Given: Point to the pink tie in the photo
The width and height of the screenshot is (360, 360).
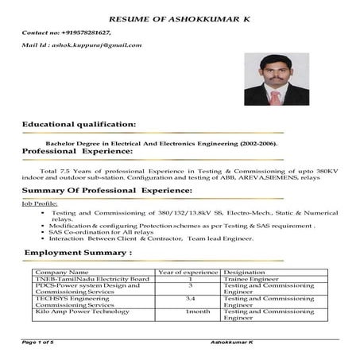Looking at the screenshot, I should click(275, 96).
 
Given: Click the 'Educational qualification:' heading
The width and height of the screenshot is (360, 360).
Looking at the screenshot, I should click(79, 125).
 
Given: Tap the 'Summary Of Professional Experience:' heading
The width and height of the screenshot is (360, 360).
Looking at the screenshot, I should click(106, 191).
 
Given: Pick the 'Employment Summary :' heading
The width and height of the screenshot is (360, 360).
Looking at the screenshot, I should click(77, 253).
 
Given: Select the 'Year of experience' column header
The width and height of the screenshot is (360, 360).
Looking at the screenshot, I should click(190, 273).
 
